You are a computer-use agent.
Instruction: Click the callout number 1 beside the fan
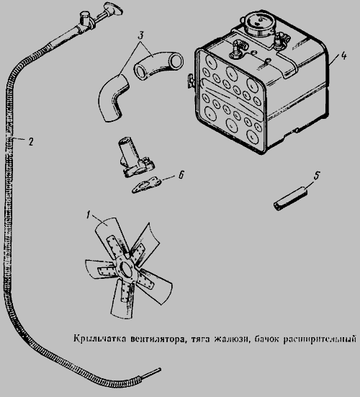(x=88, y=215)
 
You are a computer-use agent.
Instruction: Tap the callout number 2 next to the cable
(x=31, y=141)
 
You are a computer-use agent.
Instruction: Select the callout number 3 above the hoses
(x=141, y=35)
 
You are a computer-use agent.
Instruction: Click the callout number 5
(x=317, y=176)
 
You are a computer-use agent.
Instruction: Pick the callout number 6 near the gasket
(x=181, y=175)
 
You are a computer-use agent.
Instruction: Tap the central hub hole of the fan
(x=127, y=269)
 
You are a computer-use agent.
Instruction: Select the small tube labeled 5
(x=290, y=201)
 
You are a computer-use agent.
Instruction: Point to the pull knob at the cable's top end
(x=113, y=9)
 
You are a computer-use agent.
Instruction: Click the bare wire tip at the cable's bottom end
(x=151, y=373)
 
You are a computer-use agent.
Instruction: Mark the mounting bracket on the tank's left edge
(x=191, y=81)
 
